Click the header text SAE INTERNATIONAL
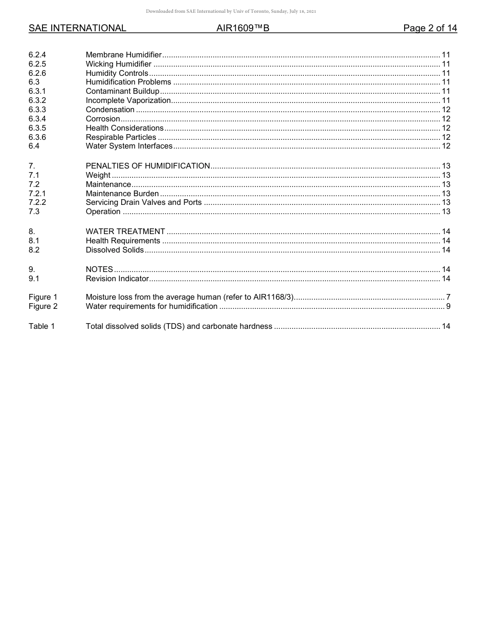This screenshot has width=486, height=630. point(77,28)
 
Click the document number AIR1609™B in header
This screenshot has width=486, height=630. point(242,28)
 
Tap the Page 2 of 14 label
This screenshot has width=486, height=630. point(430,28)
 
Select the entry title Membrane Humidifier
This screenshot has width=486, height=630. point(124,55)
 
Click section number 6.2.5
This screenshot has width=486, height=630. point(37,64)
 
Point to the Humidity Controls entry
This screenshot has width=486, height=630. point(117,73)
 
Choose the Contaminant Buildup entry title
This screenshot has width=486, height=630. point(122,91)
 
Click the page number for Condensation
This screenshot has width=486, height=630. point(446,110)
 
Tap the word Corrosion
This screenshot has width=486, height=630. point(103,119)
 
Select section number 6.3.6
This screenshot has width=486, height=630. point(37,137)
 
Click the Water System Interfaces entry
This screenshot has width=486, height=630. point(129,146)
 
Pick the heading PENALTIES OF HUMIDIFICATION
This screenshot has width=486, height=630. point(148,166)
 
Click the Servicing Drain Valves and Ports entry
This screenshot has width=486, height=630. point(144,202)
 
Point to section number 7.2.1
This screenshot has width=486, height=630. point(37,194)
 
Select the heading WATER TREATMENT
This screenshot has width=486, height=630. point(125,232)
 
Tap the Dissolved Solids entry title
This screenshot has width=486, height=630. point(115,250)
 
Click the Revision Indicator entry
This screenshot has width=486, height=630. point(117,279)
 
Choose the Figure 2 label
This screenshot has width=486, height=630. point(43,306)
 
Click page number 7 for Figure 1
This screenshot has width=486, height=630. point(448,297)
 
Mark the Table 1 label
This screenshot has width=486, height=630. point(41,326)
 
